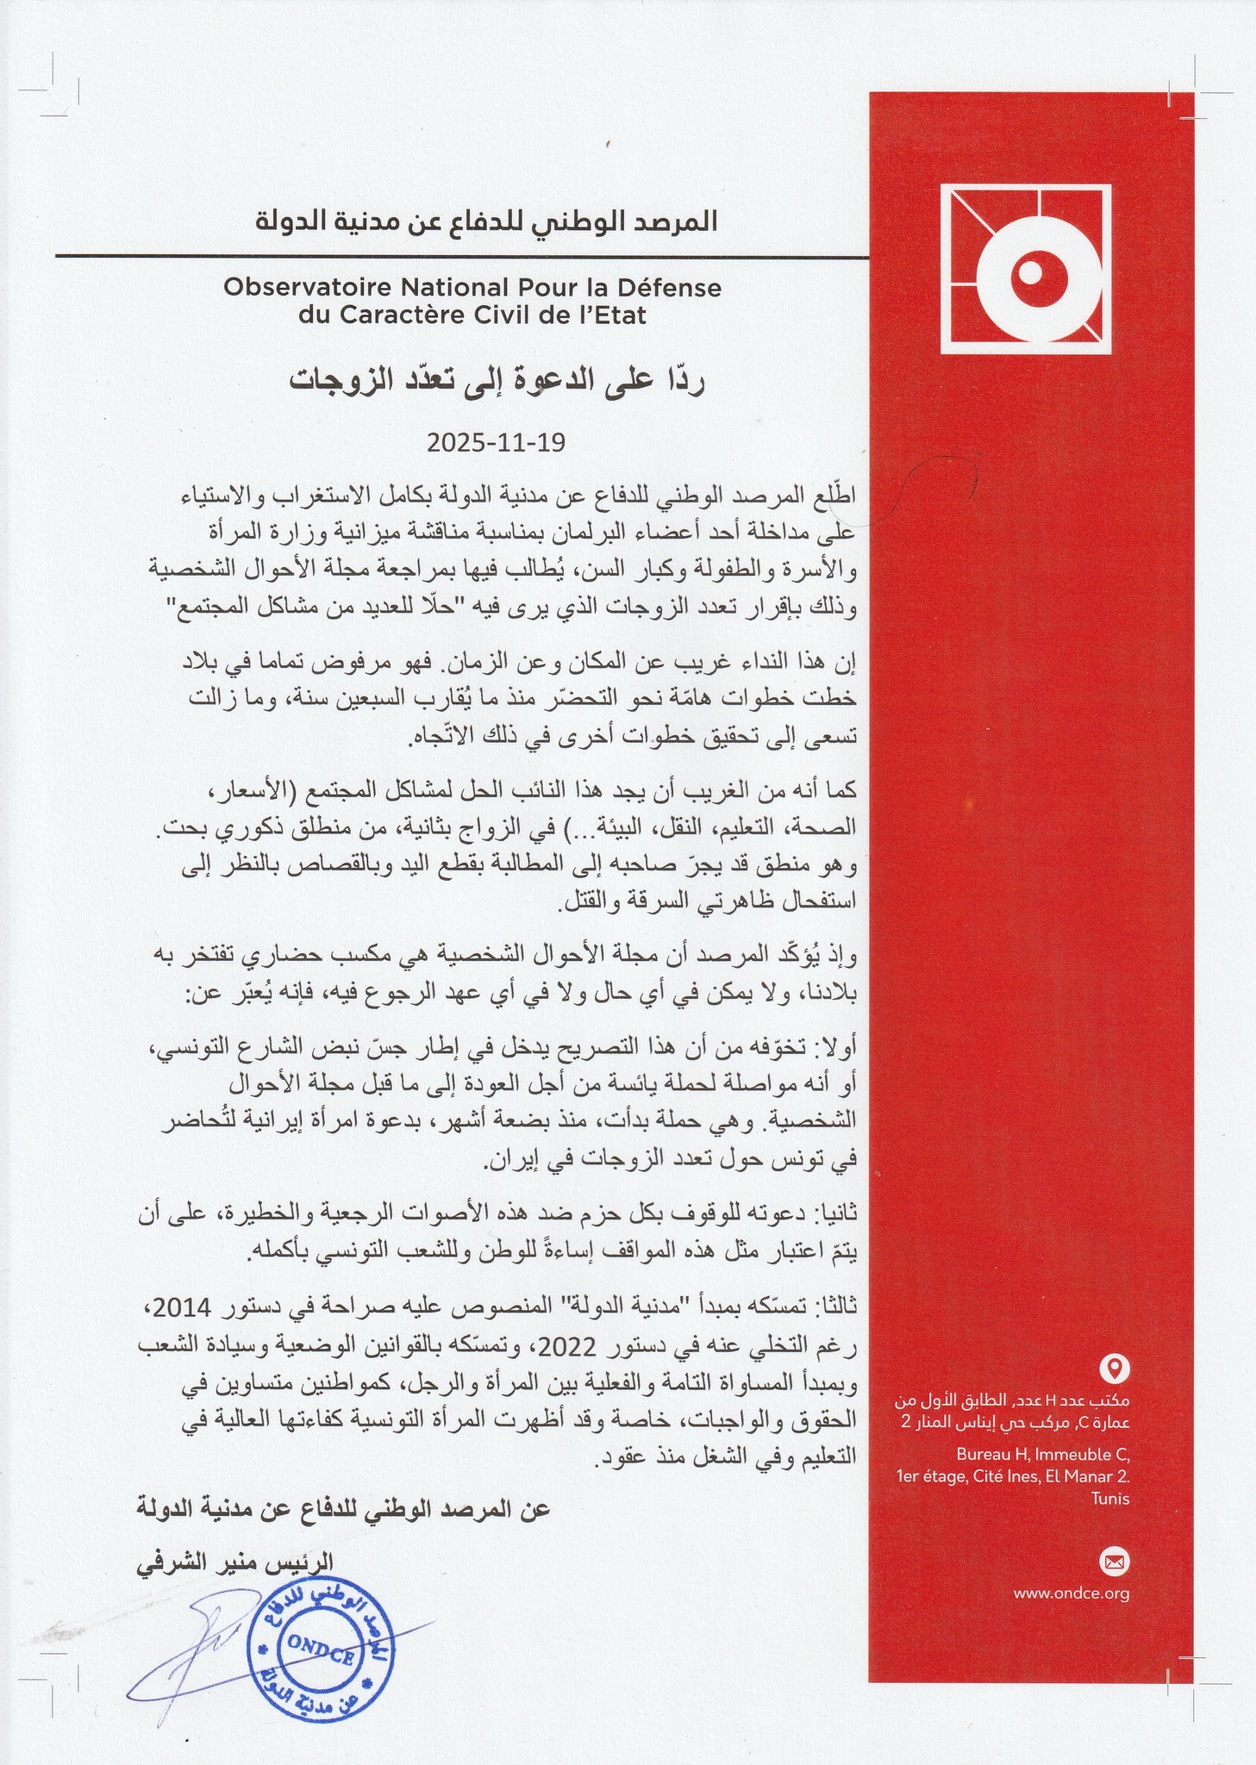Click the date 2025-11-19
click(x=496, y=443)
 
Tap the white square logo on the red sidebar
click(x=1022, y=270)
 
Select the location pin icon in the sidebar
click(x=1116, y=1368)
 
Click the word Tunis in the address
click(x=1110, y=1498)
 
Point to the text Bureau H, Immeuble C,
click(x=1042, y=1455)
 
